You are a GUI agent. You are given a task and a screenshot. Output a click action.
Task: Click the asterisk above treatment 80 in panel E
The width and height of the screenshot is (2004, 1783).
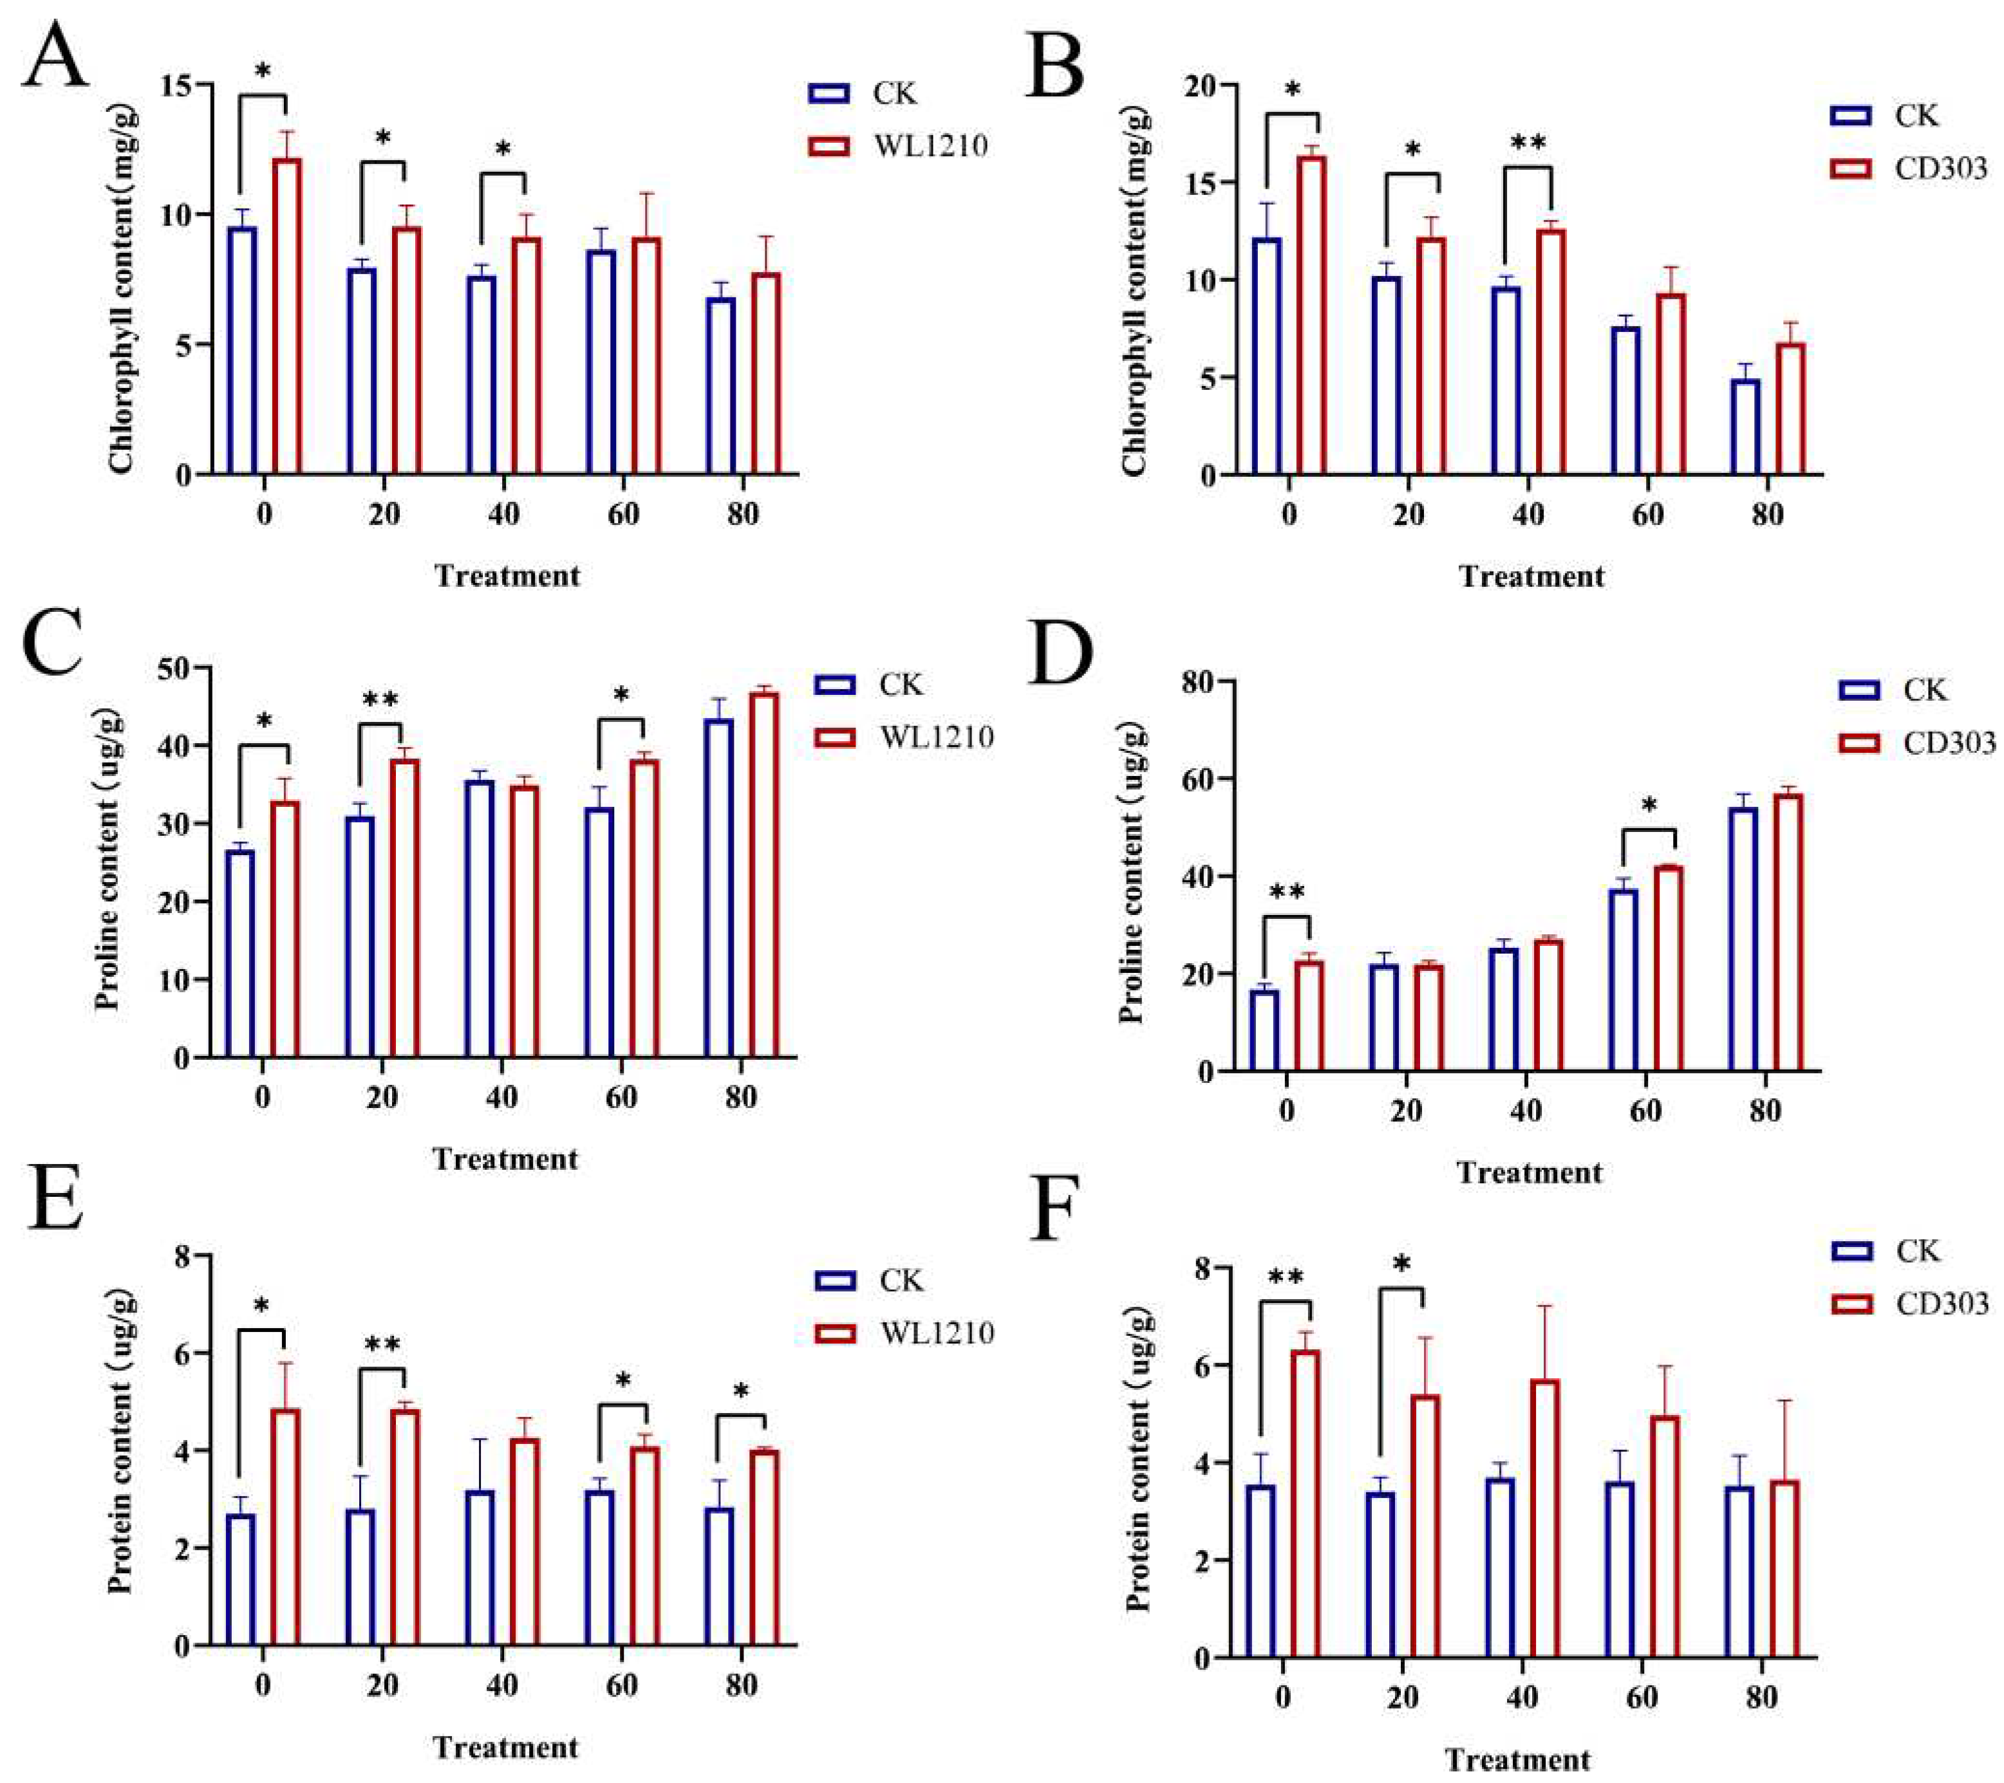click(741, 1392)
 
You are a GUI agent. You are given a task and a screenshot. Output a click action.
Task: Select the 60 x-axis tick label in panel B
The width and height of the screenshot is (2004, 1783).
click(1647, 515)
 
